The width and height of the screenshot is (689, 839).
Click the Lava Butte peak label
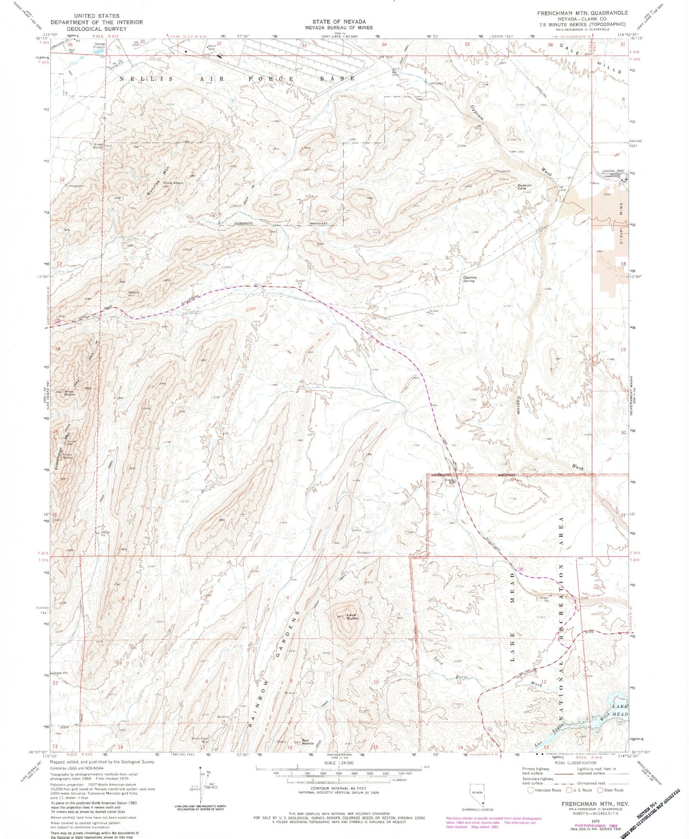click(352, 616)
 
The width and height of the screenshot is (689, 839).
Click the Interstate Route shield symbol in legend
click(530, 789)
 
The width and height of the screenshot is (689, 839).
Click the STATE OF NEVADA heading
click(339, 22)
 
